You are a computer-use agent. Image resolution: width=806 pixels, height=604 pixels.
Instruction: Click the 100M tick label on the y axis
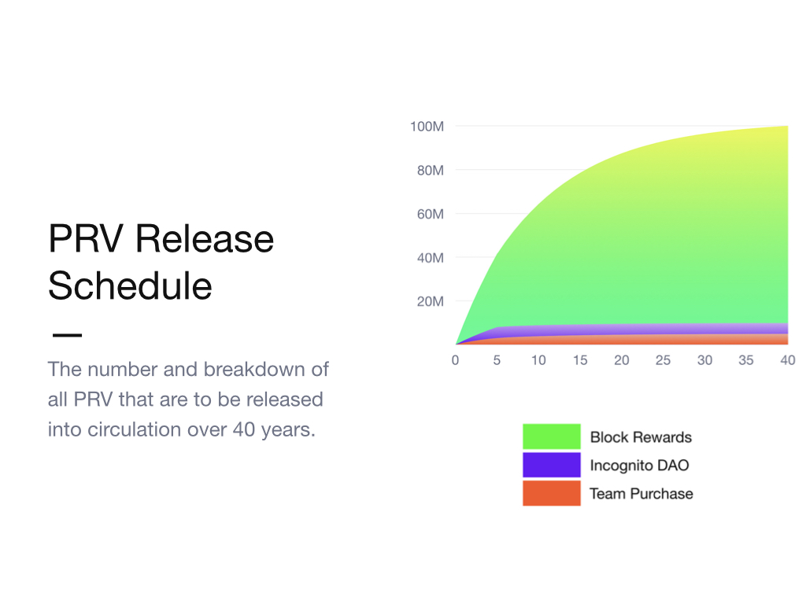click(x=427, y=127)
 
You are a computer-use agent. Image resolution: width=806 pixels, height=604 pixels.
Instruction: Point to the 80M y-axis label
click(x=431, y=170)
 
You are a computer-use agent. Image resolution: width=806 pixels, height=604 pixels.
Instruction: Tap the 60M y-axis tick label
click(x=431, y=214)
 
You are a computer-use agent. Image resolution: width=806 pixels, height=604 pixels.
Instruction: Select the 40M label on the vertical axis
click(x=431, y=257)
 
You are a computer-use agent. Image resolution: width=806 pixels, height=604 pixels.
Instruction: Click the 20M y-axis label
click(x=431, y=301)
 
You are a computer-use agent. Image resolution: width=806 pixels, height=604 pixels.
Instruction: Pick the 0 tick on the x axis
click(x=455, y=360)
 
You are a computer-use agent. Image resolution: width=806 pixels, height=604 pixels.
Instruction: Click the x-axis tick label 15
click(x=580, y=360)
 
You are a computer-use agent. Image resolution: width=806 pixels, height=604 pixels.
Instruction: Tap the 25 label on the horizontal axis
click(x=663, y=360)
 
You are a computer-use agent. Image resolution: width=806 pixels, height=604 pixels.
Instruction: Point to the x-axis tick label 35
click(x=746, y=360)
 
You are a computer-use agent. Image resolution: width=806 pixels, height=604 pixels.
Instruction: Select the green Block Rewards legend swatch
click(x=552, y=436)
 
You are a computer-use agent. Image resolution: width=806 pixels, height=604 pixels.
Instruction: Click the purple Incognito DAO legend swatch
click(x=552, y=465)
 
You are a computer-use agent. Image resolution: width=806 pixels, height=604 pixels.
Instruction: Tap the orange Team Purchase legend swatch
click(x=552, y=493)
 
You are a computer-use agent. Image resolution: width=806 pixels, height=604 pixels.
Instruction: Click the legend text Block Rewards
click(x=641, y=437)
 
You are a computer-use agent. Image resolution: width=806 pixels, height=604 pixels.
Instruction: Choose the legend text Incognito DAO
click(x=639, y=466)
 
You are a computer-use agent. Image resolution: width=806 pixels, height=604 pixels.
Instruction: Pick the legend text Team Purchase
click(x=641, y=494)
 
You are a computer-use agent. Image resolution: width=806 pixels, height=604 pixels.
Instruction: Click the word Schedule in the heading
click(x=130, y=285)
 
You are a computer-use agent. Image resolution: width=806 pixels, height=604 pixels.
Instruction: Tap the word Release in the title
click(x=205, y=239)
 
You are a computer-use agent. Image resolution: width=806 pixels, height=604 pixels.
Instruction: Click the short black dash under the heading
click(x=68, y=335)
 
